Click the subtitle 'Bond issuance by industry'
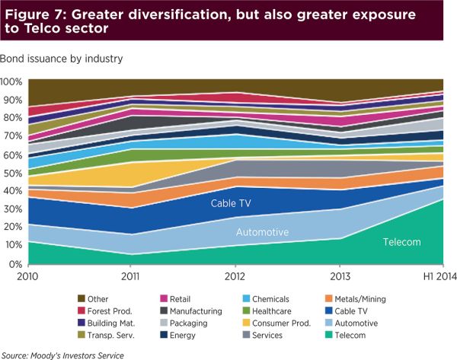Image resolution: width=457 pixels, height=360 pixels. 62,58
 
